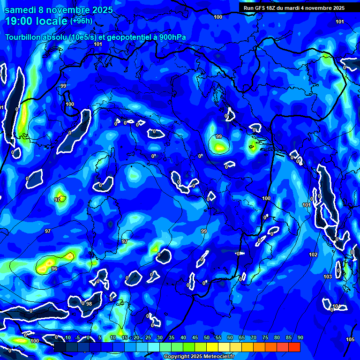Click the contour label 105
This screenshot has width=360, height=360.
(x=350, y=339)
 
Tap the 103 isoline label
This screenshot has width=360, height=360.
(x=328, y=277)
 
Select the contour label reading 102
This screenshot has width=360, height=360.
(x=313, y=255)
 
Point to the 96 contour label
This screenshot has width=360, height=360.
(x=54, y=269)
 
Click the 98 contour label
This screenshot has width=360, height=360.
(x=89, y=304)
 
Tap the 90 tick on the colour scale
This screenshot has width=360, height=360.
(x=300, y=338)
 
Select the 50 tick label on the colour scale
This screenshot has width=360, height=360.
(x=207, y=338)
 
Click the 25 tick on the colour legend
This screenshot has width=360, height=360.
(x=148, y=338)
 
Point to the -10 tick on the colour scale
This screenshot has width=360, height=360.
(x=67, y=338)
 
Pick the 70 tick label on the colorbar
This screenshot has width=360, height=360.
(x=254, y=338)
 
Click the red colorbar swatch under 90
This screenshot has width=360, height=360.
(x=294, y=347)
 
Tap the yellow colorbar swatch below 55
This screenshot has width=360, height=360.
(x=212, y=347)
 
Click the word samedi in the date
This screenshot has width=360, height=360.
(x=20, y=9)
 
